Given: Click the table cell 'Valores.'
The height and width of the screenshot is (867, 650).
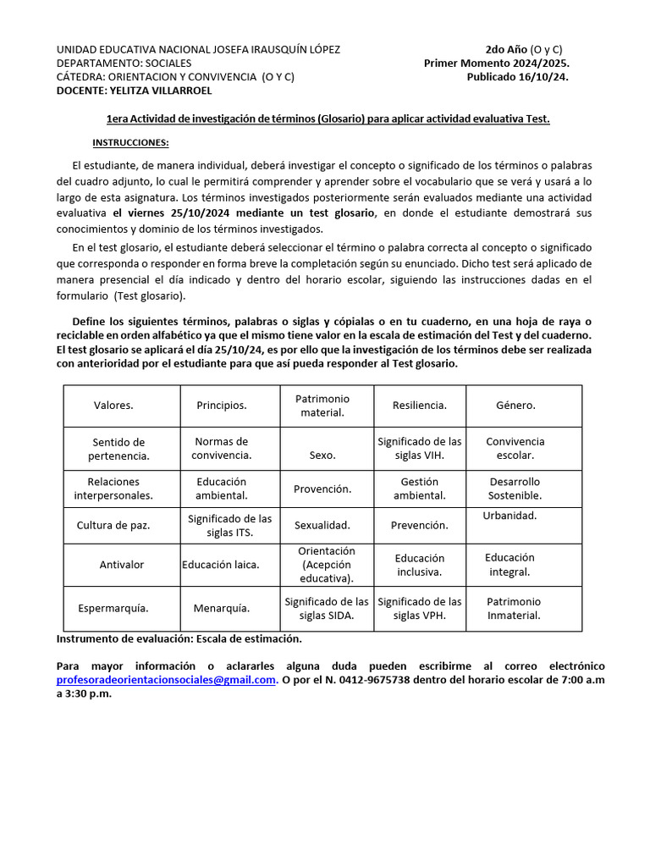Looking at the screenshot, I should pyautogui.click(x=113, y=406).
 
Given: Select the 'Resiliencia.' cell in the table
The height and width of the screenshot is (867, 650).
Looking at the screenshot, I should pyautogui.click(x=419, y=406).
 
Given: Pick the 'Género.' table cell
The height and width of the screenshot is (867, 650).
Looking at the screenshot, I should pyautogui.click(x=515, y=406).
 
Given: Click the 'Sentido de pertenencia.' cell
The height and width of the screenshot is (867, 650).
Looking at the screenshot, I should pyautogui.click(x=118, y=449).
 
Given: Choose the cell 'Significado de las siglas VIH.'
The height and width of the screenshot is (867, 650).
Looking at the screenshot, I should pyautogui.click(x=419, y=448).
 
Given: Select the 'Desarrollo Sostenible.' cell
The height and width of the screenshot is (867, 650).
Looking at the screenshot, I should pyautogui.click(x=515, y=489).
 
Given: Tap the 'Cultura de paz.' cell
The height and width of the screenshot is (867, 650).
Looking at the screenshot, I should pyautogui.click(x=113, y=525).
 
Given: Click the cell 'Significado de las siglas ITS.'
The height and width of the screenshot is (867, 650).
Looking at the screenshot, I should pyautogui.click(x=229, y=525).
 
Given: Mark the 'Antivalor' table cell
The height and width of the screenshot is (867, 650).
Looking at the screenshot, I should pyautogui.click(x=122, y=565).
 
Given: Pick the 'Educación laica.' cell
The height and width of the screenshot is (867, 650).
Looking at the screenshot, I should pyautogui.click(x=220, y=565).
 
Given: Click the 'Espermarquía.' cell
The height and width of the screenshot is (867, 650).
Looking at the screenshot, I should pyautogui.click(x=113, y=608).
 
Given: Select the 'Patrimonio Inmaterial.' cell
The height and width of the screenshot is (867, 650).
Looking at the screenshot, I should pyautogui.click(x=514, y=608).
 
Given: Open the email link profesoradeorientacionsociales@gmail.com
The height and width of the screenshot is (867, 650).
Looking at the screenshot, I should pyautogui.click(x=167, y=680).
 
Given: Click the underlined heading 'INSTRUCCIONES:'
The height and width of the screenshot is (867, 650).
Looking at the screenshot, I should pyautogui.click(x=130, y=142).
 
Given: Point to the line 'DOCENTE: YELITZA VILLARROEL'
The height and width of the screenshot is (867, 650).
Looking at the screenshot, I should pyautogui.click(x=134, y=90).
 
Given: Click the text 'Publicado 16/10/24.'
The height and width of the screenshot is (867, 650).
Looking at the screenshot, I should pyautogui.click(x=517, y=76).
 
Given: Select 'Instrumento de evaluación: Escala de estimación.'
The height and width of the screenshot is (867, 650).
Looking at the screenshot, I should pyautogui.click(x=179, y=639).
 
